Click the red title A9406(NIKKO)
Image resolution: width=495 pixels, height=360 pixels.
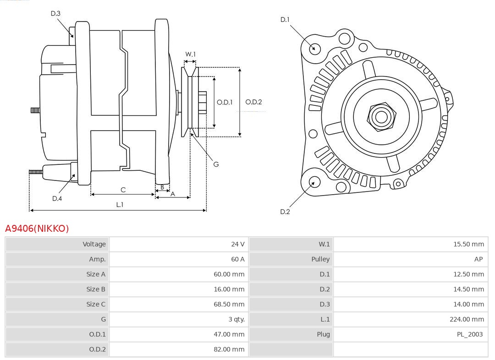37,228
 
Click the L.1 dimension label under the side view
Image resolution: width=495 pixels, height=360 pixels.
119,205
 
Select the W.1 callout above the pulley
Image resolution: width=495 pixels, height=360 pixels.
190,54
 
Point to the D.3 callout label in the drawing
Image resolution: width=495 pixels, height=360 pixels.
55,13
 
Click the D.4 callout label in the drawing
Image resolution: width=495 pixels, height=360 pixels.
57,198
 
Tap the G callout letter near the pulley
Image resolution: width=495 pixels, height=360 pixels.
216,164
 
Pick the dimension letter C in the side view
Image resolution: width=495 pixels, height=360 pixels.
123,190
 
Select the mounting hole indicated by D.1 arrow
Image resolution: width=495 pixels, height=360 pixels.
314,48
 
